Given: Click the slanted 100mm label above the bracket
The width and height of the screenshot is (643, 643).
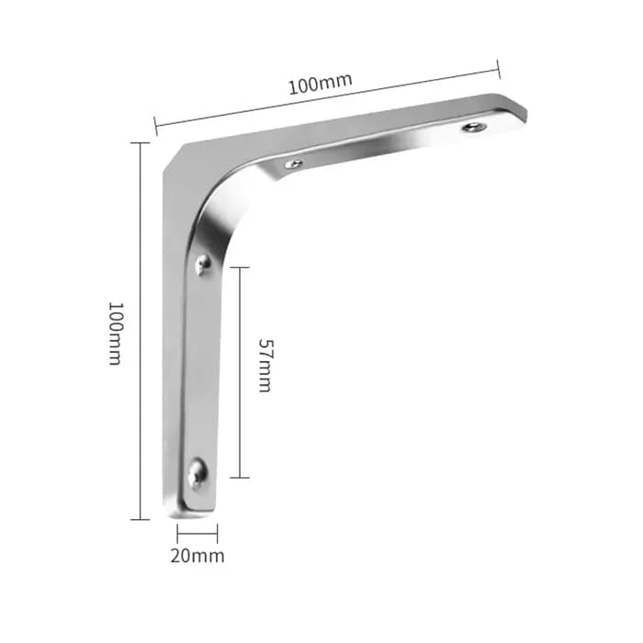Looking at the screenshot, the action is point(321,85).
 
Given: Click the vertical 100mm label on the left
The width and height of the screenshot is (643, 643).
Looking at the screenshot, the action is point(116,333).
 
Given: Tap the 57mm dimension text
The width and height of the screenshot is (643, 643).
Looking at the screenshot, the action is point(265,366).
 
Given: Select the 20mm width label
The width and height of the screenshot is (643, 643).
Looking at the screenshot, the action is point(197,556).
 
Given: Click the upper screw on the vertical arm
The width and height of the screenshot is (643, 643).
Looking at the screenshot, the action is point(203,264).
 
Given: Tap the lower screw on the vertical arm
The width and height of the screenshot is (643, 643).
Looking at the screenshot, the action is point(197,474).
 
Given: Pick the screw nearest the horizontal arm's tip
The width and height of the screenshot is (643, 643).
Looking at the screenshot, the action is point(475,127).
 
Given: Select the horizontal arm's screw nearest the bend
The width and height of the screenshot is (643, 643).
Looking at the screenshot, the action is point(294,164).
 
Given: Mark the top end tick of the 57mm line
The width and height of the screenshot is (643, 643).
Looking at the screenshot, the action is point(240,267).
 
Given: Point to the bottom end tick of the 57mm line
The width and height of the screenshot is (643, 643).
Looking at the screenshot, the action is point(240,478).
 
